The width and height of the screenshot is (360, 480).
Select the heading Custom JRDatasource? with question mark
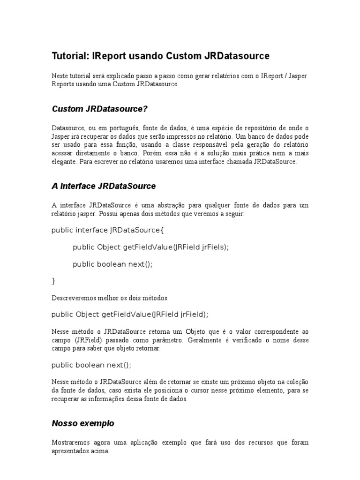point(99,109)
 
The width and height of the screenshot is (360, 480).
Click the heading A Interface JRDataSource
point(103,186)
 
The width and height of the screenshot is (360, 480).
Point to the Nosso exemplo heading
point(82,423)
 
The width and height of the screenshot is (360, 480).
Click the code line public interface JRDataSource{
point(108,231)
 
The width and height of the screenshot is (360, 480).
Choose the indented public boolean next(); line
point(112,264)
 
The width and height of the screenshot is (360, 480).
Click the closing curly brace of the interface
point(53,281)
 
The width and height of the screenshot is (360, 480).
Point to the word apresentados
point(72,451)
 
